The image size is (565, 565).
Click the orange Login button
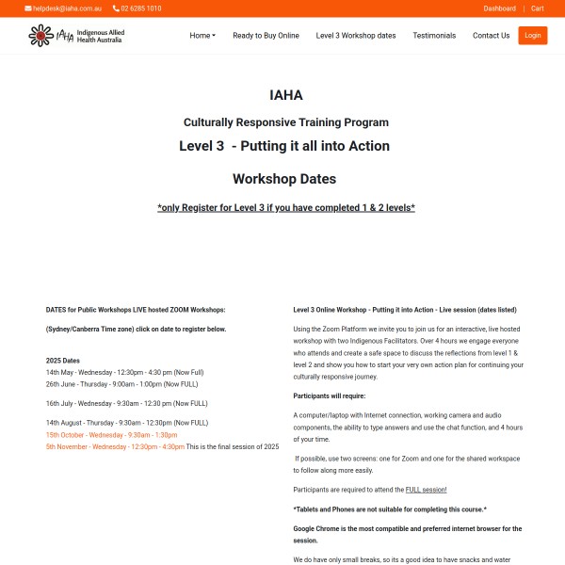tap(532, 36)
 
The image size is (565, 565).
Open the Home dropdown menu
tap(202, 36)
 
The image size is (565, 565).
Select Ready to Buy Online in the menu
tap(266, 36)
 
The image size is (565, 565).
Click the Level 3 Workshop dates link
tap(356, 36)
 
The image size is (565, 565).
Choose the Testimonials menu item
tap(434, 36)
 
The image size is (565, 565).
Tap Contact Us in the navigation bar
tap(491, 36)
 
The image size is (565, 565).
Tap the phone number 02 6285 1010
tap(140, 8)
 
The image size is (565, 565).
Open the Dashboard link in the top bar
tap(499, 8)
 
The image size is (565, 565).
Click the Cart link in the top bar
tap(538, 8)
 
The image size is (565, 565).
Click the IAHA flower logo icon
tap(40, 36)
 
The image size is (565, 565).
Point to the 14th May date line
tap(124, 372)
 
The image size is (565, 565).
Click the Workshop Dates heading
tap(283, 179)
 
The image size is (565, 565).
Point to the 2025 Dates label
tap(63, 360)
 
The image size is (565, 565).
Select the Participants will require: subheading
tap(337, 395)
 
